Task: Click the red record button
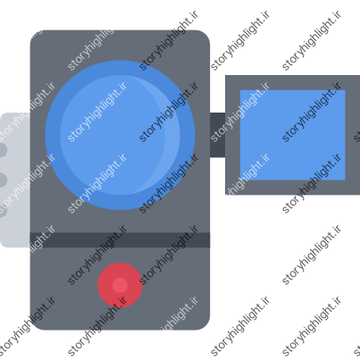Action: tap(120, 285)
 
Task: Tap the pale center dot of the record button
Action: tap(120, 285)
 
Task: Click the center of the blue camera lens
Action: tap(120, 135)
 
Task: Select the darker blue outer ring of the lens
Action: tap(53, 135)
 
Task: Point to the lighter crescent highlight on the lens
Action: tap(172, 135)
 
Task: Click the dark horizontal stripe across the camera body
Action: tap(120, 240)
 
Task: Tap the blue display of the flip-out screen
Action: tap(293, 135)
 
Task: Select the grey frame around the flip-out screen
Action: tap(232, 135)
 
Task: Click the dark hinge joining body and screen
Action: tap(218, 135)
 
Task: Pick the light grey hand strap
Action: tap(15, 180)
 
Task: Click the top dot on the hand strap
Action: tap(3, 150)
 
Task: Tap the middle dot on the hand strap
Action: tap(3, 180)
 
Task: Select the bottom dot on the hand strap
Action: tap(3, 210)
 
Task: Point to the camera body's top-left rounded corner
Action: tap(34, 34)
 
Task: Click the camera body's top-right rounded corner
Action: tap(206, 34)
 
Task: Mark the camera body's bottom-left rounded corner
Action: tap(34, 326)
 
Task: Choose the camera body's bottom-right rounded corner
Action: tap(206, 326)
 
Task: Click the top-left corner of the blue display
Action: tap(240, 90)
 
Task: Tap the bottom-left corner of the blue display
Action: tap(240, 180)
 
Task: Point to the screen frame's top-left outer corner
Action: tap(225, 75)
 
